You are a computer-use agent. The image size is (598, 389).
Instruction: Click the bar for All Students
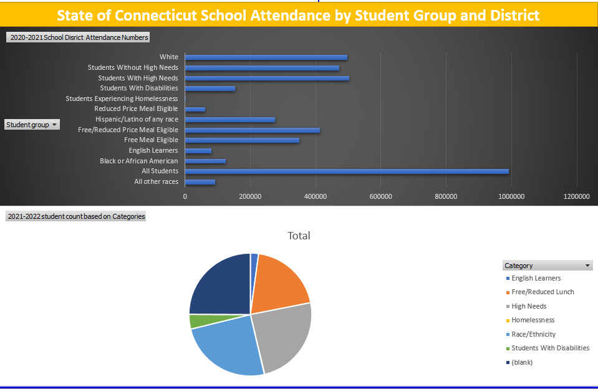tap(346, 171)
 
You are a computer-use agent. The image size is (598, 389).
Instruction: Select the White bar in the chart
tap(266, 57)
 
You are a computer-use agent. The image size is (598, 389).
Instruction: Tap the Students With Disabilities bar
tap(210, 89)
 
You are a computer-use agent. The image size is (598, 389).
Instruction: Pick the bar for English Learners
tap(198, 151)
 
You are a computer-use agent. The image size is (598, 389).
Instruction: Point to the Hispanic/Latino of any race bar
tap(229, 120)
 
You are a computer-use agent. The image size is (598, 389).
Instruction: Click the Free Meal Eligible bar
tap(242, 140)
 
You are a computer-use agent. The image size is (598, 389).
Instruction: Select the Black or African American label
tap(138, 161)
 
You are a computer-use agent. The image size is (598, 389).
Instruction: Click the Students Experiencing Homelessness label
tap(122, 98)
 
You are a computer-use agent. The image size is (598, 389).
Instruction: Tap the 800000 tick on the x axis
tap(446, 196)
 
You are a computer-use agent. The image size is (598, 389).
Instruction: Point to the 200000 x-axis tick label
tap(250, 196)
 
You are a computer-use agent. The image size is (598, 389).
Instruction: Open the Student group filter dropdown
tap(55, 125)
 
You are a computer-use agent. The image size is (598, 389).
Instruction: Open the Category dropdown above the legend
tap(587, 266)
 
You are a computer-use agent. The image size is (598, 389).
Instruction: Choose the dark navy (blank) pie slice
tap(221, 284)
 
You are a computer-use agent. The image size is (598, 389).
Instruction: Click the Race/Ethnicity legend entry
tap(533, 334)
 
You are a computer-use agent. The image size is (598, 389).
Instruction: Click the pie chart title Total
tap(299, 236)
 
